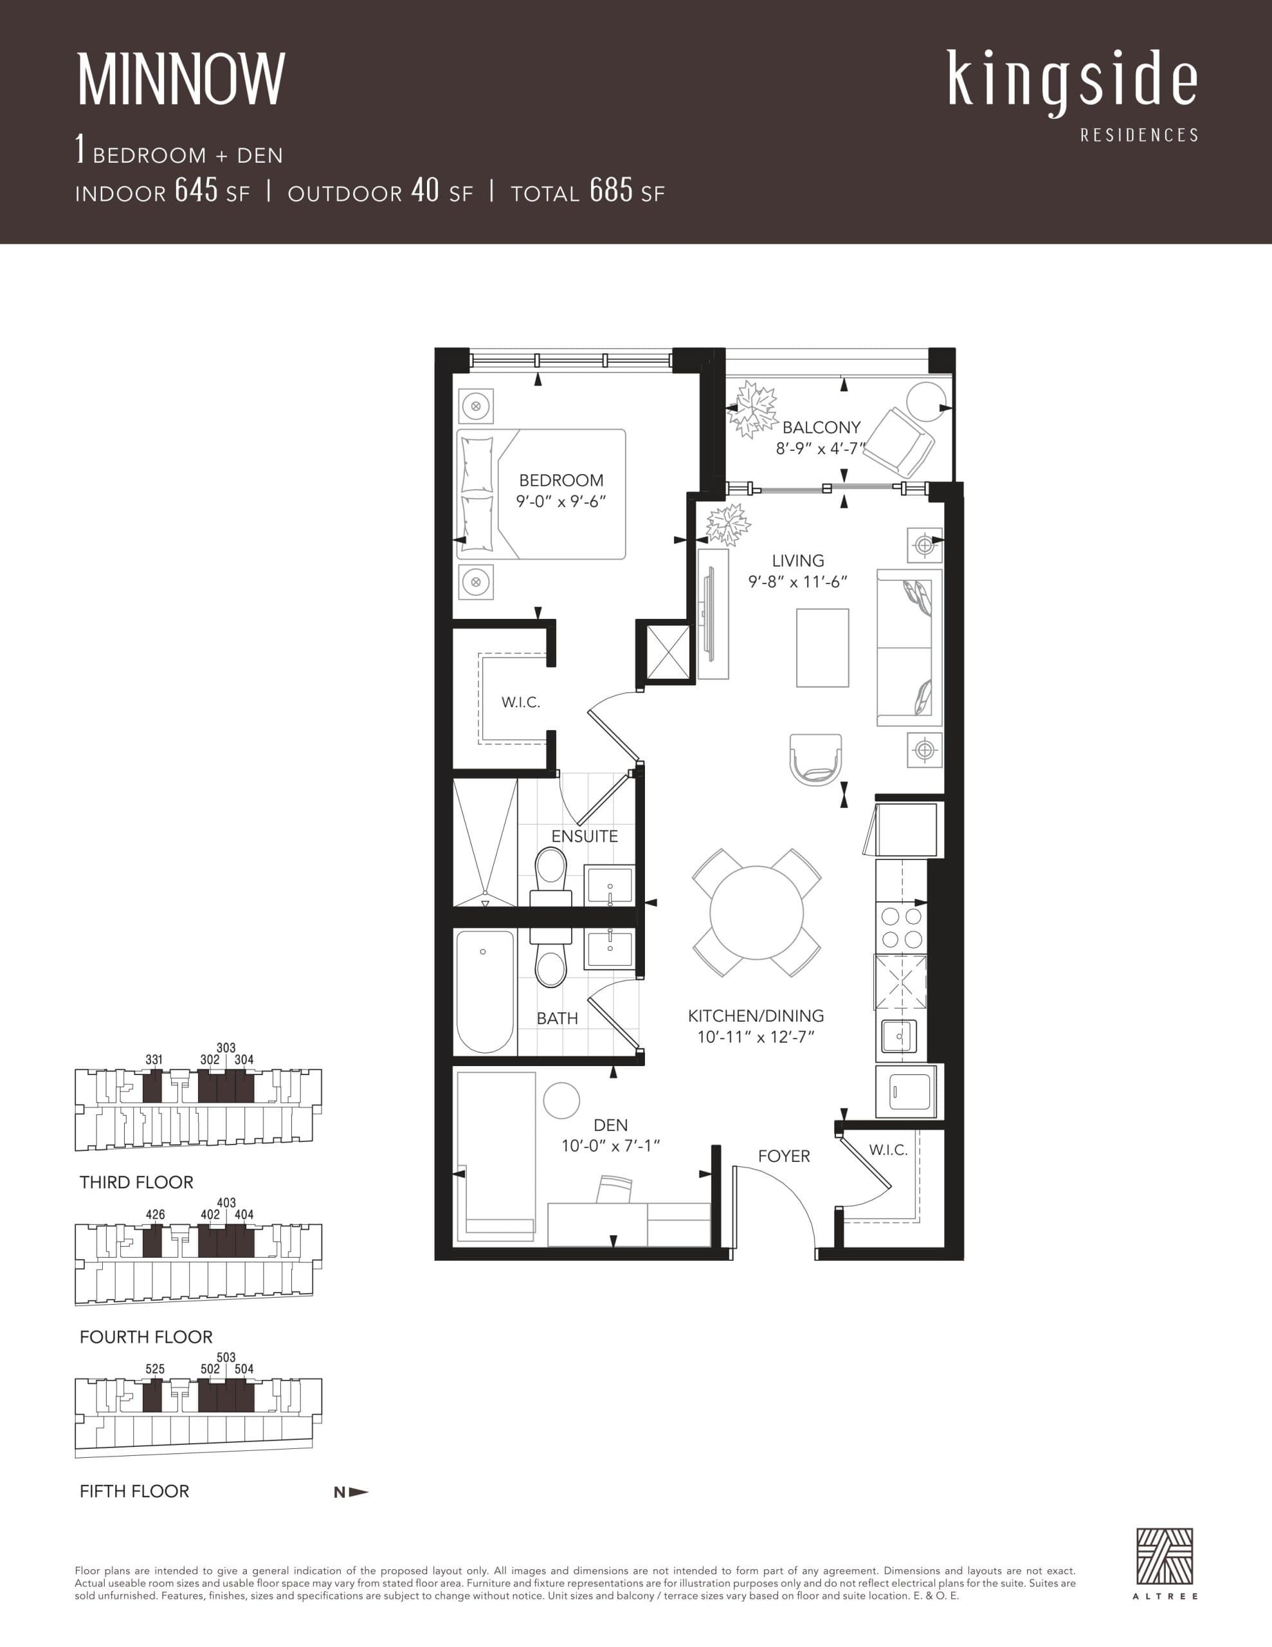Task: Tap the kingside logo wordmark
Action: pos(1071,80)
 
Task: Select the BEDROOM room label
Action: pos(561,481)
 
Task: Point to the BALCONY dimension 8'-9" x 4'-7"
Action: pos(821,448)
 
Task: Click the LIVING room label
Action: pos(798,561)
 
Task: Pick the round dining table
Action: pos(756,912)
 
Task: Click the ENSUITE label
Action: pos(585,836)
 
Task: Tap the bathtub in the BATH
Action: pos(485,990)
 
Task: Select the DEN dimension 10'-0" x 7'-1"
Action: pos(611,1146)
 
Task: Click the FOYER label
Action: pos(784,1156)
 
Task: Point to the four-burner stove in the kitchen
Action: pos(902,928)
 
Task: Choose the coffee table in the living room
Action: pos(822,648)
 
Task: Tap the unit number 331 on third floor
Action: pos(154,1060)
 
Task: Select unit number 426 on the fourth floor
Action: pos(156,1214)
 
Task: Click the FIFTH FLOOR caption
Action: pos(134,1491)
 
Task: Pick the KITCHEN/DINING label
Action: pos(756,1016)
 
